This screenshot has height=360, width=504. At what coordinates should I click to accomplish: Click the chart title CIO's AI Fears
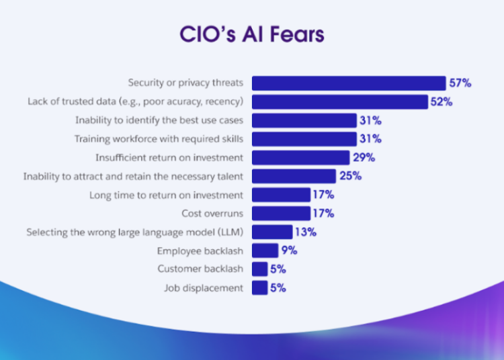point(252,34)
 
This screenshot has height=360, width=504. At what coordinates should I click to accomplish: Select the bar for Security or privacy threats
point(349,83)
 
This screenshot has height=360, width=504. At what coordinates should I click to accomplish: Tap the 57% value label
point(461,83)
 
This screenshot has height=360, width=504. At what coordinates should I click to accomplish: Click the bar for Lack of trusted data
point(340,102)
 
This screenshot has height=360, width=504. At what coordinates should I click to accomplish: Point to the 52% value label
point(442,102)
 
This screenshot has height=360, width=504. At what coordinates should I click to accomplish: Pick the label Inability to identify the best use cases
point(159,121)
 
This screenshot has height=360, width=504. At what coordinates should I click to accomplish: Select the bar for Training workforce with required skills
point(304,139)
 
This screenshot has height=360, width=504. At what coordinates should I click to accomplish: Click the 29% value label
point(364,158)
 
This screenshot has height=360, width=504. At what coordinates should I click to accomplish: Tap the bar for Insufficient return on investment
point(301,158)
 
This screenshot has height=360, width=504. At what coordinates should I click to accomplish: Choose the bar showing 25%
point(294,177)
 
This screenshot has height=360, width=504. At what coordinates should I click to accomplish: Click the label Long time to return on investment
point(166,195)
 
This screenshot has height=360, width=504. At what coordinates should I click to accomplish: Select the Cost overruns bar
point(281,214)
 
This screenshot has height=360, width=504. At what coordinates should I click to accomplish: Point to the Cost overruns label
point(212,214)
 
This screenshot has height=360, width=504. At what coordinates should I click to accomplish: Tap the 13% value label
point(305,232)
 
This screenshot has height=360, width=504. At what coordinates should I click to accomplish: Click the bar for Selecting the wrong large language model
point(272,232)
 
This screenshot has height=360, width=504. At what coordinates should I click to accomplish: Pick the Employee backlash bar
point(265,251)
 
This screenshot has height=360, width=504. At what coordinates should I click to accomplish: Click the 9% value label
point(290,251)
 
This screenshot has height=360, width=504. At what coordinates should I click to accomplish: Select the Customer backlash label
point(200,269)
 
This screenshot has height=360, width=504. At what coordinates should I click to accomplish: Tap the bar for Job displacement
point(259,288)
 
